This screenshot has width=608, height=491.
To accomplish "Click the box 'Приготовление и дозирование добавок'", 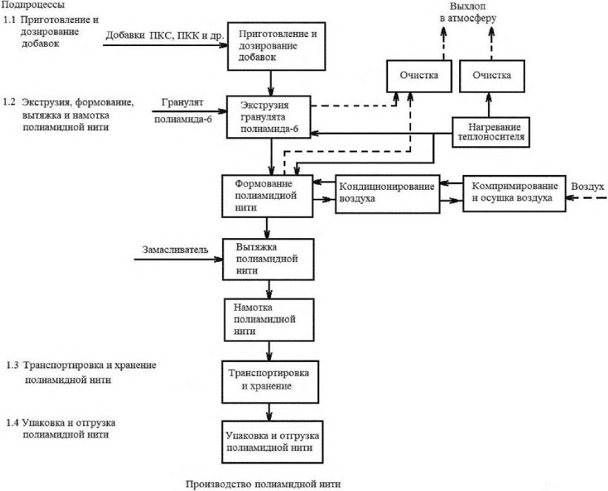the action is [276, 46].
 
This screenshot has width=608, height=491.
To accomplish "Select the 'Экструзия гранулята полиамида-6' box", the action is [269, 117].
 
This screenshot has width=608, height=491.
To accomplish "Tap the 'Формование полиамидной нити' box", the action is [267, 196].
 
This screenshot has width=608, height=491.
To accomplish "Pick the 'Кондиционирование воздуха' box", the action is [387, 194].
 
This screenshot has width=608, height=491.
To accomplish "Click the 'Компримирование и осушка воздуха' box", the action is [514, 194].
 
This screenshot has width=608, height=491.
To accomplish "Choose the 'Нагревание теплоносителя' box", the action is [491, 132].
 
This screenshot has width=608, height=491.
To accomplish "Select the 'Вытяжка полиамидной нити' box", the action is [268, 259].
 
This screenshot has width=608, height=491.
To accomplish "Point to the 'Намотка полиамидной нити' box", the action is [269, 320].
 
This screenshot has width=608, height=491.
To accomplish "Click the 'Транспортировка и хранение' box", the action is [270, 382].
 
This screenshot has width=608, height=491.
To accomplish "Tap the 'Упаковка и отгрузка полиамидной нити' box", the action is [273, 441].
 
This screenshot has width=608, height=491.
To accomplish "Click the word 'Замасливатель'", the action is [176, 250].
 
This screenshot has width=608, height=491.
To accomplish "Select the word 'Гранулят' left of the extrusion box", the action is [182, 103].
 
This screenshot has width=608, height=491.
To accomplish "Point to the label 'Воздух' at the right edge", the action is [587, 187].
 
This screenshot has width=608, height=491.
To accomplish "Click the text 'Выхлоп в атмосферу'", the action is [468, 12].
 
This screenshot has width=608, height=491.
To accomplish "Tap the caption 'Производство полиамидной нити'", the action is [264, 484].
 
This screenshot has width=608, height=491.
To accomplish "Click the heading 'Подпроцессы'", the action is [33, 5].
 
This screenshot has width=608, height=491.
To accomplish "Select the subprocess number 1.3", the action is [13, 366].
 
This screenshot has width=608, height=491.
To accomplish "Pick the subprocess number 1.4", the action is [13, 423].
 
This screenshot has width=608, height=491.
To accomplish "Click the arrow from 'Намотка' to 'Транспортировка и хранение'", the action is [269, 351].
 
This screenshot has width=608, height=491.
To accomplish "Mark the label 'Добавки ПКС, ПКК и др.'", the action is [165, 36].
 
